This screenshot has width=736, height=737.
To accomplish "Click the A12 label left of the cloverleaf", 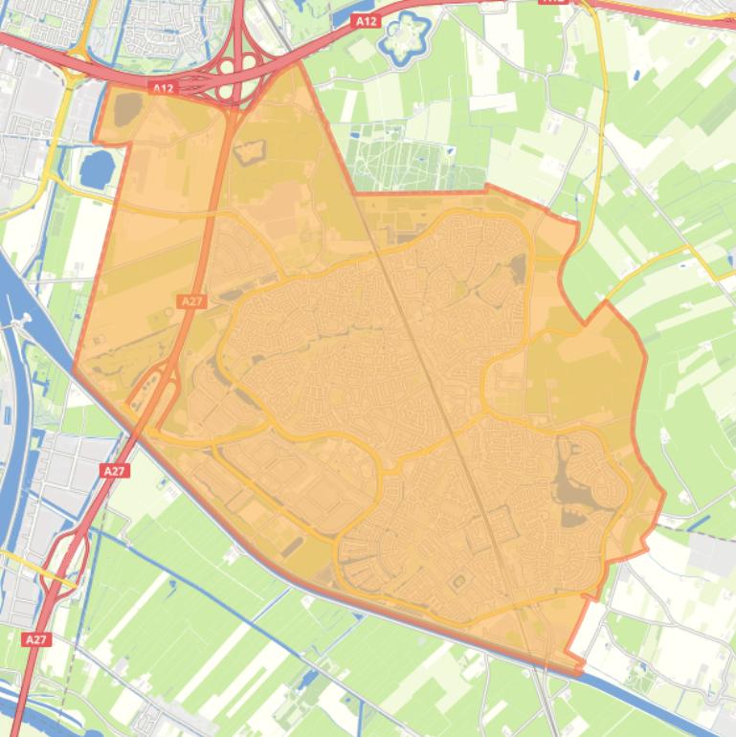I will pos(164,88).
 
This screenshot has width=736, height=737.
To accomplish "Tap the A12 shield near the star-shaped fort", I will pos(364,20).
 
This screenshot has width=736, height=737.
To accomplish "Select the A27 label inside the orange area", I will pos(191,301).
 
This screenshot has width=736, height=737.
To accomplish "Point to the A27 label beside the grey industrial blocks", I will pos(114,470).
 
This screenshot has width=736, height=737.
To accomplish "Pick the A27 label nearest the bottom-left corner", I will pos(36,638).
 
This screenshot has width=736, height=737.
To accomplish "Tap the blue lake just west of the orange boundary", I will pos(98,169).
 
